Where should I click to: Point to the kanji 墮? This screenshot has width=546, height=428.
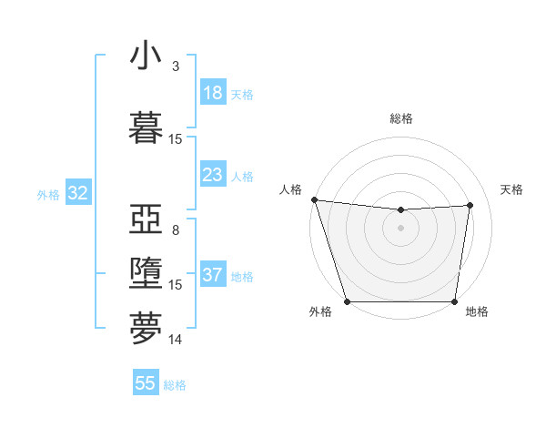pyautogui.click(x=147, y=274)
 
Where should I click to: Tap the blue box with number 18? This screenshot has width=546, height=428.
pyautogui.click(x=213, y=93)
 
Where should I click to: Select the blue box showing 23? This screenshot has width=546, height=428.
pyautogui.click(x=213, y=174)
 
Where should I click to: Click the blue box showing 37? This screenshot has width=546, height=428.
pyautogui.click(x=213, y=276)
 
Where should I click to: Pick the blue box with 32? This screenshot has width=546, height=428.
pyautogui.click(x=77, y=193)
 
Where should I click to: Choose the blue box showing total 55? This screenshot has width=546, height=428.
pyautogui.click(x=146, y=383)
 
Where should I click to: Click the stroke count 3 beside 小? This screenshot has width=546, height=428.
pyautogui.click(x=175, y=66)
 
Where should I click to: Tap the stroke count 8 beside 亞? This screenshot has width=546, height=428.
pyautogui.click(x=175, y=229)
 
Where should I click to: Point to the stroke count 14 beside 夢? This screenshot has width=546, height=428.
pyautogui.click(x=175, y=340)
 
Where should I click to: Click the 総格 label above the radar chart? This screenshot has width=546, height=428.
pyautogui.click(x=400, y=118)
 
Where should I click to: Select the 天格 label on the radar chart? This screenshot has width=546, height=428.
pyautogui.click(x=511, y=189)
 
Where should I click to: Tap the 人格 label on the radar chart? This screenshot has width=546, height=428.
pyautogui.click(x=290, y=189)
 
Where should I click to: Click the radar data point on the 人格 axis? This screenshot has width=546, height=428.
pyautogui.click(x=314, y=199)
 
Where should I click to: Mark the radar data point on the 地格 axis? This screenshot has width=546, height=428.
pyautogui.click(x=454, y=301)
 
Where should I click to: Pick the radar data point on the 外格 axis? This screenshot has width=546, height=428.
pyautogui.click(x=347, y=301)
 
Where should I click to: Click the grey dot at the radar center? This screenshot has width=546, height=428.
pyautogui.click(x=400, y=228)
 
